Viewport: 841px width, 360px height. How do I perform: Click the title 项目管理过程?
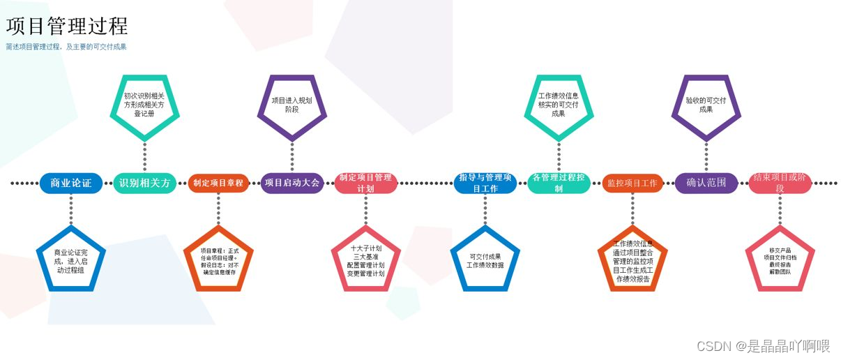[x=67, y=27]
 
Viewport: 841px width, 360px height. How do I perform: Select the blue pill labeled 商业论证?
[x=70, y=183]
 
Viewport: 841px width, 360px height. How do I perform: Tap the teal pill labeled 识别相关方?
[x=144, y=183]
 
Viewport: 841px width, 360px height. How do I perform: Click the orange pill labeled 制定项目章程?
[x=218, y=183]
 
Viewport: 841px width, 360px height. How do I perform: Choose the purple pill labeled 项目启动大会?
[x=292, y=183]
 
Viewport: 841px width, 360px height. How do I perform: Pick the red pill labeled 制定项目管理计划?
[x=366, y=183]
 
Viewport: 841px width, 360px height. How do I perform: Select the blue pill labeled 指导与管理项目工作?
[x=485, y=183]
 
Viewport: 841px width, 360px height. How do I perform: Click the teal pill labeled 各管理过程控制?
[x=559, y=183]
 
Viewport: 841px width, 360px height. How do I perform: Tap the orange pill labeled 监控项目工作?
[x=632, y=183]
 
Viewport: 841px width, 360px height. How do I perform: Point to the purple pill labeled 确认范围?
[x=706, y=183]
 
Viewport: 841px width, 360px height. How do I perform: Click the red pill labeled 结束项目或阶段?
[x=780, y=183]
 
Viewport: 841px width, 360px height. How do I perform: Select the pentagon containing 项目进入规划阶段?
[x=292, y=105]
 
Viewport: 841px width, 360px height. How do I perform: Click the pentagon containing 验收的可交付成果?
[x=706, y=105]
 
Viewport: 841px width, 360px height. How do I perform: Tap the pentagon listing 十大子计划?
[x=366, y=260]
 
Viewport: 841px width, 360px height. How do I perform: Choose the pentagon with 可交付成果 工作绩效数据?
[x=485, y=260]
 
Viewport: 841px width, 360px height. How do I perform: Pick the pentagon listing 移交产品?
[x=780, y=260]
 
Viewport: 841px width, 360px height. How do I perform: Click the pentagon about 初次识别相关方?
[x=144, y=105]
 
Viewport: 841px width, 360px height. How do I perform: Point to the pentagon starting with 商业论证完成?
[x=70, y=260]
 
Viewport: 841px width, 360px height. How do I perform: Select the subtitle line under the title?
[x=66, y=47]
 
